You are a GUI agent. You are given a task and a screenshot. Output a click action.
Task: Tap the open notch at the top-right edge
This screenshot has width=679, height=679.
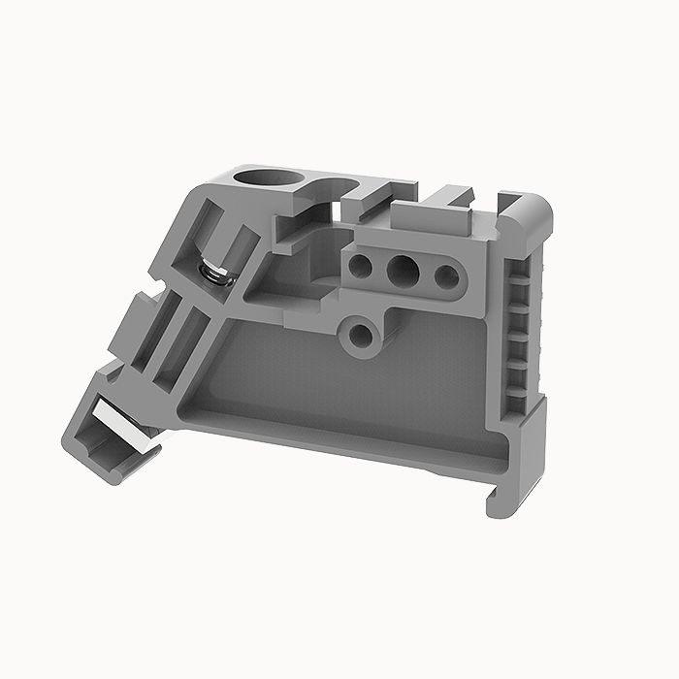tap(504, 204)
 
